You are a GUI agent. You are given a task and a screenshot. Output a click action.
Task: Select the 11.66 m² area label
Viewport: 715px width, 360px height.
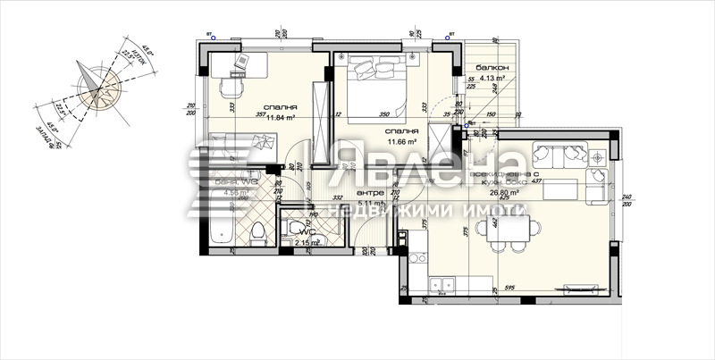point(403,141)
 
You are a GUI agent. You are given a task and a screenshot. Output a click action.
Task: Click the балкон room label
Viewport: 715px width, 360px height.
point(492,68)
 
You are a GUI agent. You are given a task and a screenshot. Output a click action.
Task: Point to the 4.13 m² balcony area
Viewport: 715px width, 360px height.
point(493,79)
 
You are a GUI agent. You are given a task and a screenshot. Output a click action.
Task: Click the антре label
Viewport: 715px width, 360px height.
point(370,193)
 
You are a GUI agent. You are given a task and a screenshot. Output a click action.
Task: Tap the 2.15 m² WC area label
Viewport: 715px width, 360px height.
point(307,242)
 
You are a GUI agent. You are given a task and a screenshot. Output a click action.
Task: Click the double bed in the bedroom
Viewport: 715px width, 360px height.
point(374,87)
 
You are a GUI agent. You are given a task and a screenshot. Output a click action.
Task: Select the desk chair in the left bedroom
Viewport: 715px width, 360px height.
point(231,87)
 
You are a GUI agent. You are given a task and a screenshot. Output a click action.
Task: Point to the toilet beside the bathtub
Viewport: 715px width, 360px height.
point(259,234)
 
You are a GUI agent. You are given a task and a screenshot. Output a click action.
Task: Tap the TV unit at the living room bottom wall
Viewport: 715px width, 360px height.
point(580,288)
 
